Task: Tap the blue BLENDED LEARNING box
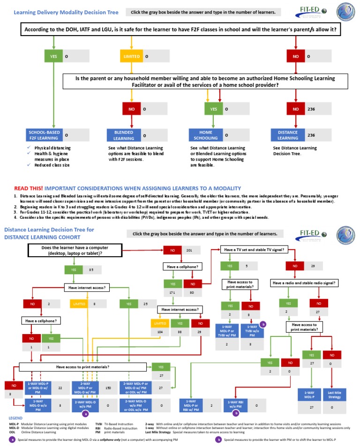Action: click(124, 135)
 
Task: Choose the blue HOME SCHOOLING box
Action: click(205, 135)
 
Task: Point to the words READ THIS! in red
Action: click(29, 187)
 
